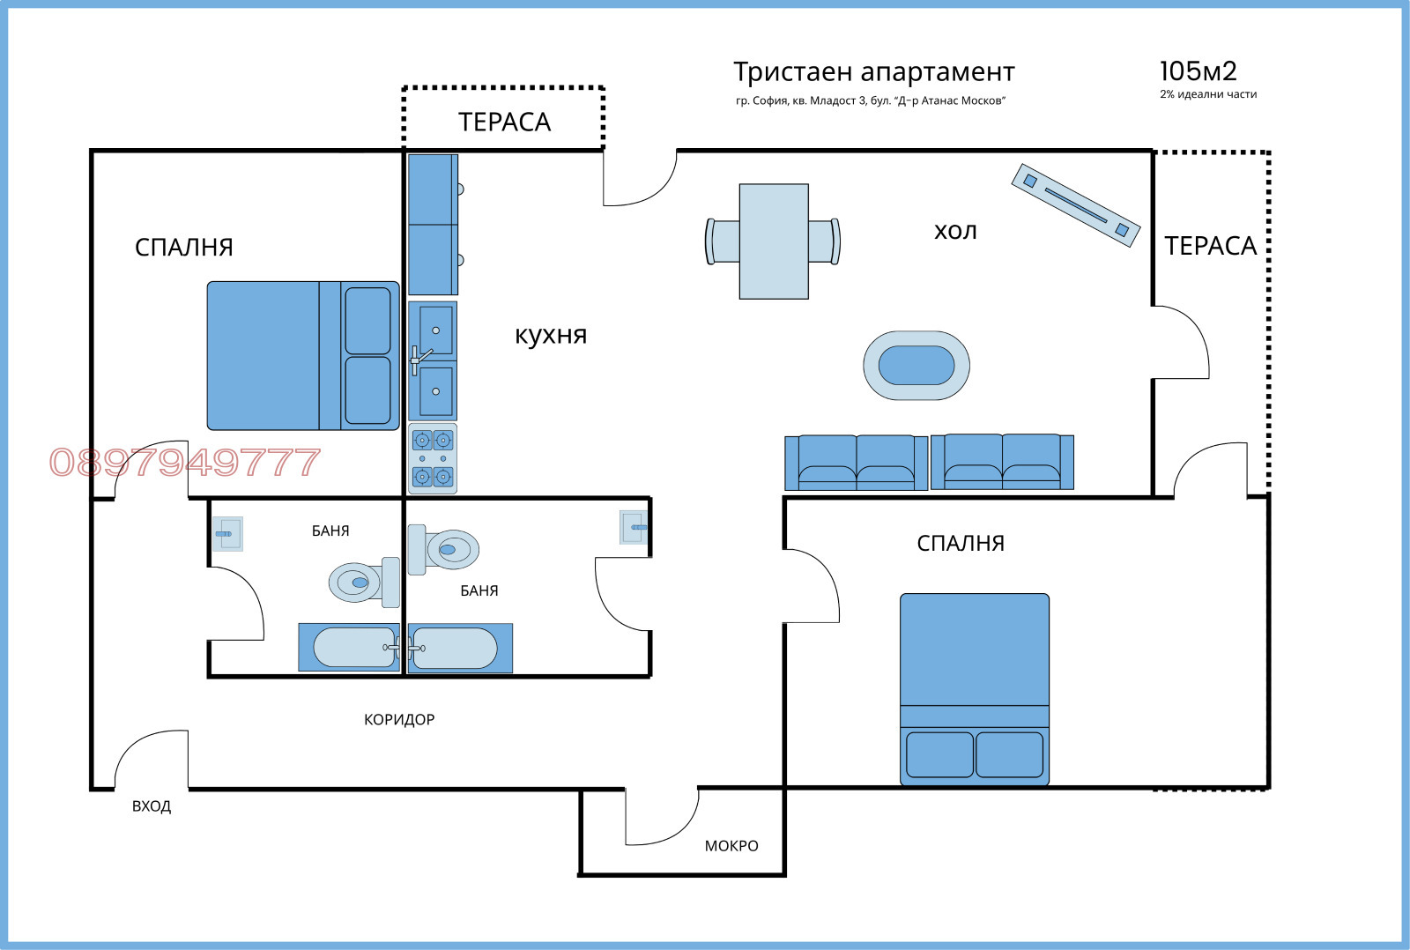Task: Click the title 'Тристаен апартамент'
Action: tap(873, 71)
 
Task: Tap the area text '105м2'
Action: tap(1198, 71)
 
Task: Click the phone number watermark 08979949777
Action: tap(184, 462)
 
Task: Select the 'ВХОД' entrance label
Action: tap(152, 805)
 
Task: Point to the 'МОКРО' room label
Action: tap(731, 845)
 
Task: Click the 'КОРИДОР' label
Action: tap(399, 719)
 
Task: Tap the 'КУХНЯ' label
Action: tap(551, 335)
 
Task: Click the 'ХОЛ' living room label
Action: tap(955, 231)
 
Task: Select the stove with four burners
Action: tap(433, 458)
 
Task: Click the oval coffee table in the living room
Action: tap(916, 366)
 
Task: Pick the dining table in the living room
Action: tap(774, 241)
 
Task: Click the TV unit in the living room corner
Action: tap(1075, 204)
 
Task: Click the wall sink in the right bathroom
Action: tap(634, 527)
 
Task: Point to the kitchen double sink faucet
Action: tap(418, 359)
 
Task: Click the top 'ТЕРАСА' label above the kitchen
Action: tap(504, 122)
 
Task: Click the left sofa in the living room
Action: tap(856, 463)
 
